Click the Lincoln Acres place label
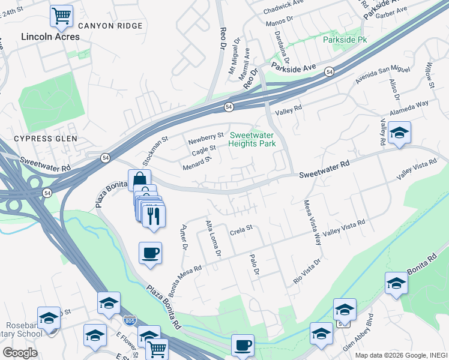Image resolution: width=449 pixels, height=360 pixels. pos(50,37)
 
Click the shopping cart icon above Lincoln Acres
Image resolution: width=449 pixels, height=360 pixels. pos(61,16)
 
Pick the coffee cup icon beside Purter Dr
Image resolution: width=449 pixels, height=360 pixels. pos(150,252)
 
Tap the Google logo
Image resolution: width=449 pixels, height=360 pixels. pos(20,353)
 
